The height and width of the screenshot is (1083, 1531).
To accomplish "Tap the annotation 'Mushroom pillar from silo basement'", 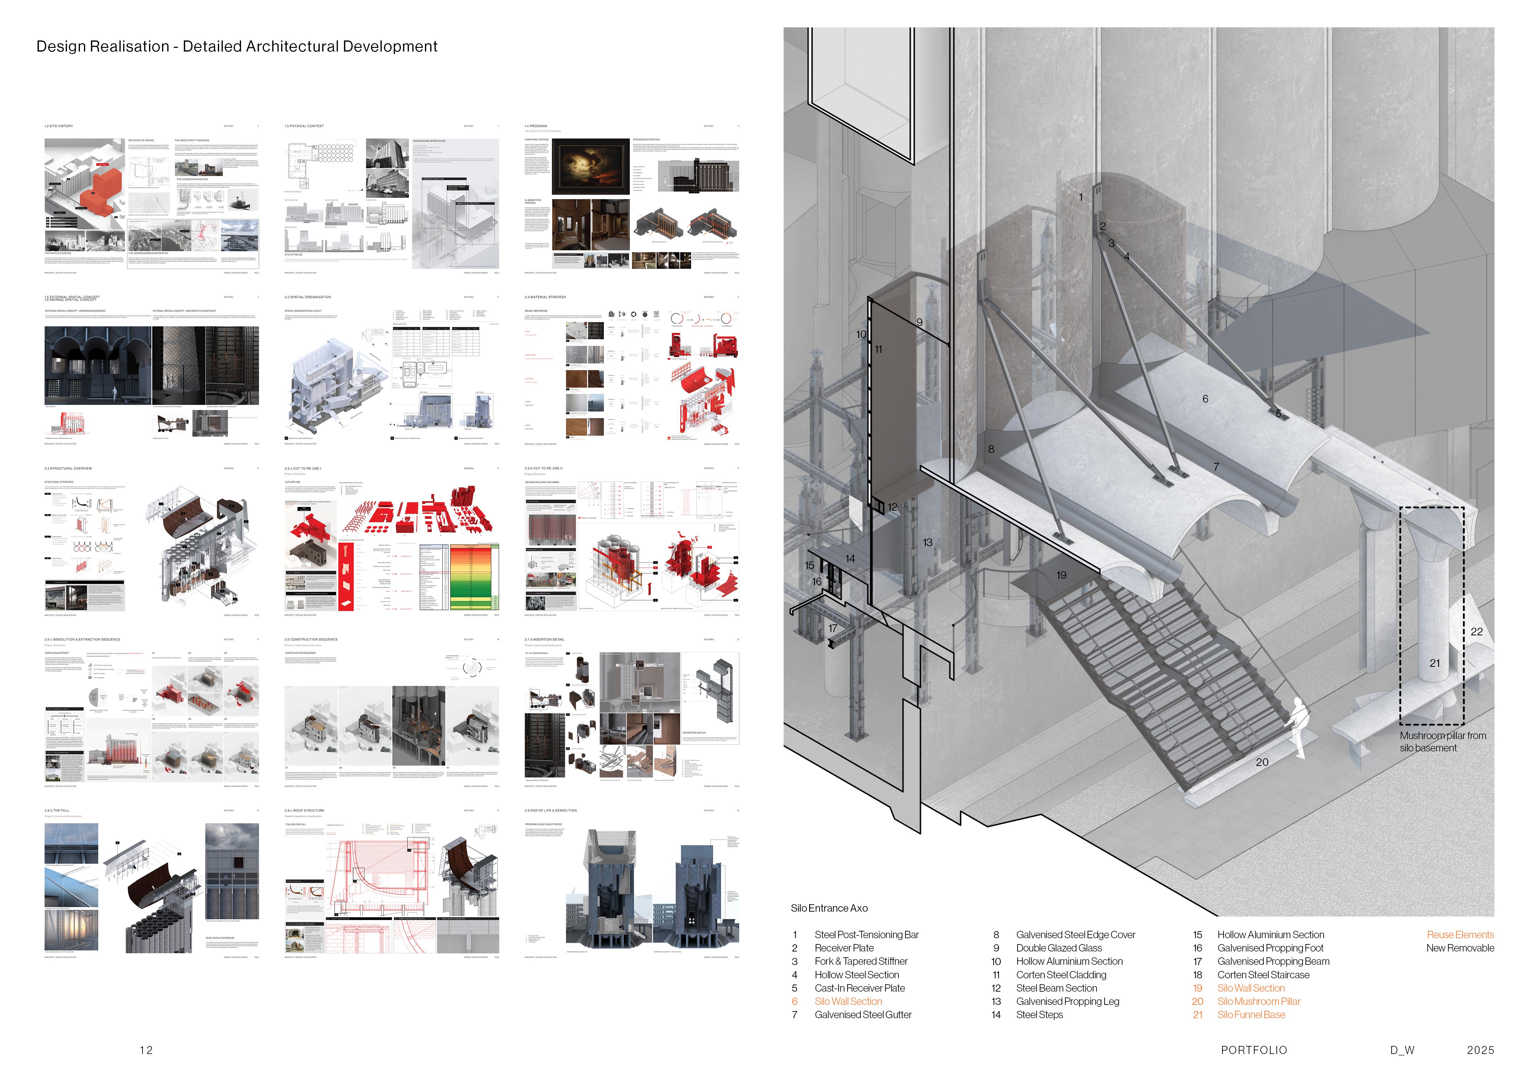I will (x=1442, y=742).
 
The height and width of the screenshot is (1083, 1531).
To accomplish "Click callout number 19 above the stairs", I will (x=1061, y=575).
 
